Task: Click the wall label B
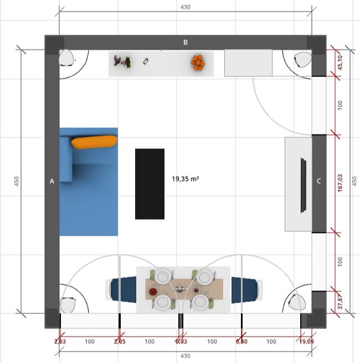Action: point(186,43)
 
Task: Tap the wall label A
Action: point(52,181)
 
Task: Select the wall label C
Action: point(318,181)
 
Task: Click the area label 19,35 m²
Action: point(186,179)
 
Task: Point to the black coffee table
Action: point(150,184)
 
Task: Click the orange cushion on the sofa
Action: point(94,142)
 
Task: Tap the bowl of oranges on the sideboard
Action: point(198,63)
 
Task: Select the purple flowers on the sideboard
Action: point(122,61)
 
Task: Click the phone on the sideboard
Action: point(146,61)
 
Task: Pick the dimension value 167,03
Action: point(340,183)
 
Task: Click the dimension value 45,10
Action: point(340,63)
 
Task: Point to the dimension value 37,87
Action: point(340,302)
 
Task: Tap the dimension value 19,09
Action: point(306,341)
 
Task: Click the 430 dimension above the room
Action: point(186,7)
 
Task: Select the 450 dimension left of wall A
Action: point(17,181)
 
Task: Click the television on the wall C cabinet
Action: point(304,185)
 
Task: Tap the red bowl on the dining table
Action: point(153,292)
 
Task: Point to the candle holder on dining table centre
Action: point(180,289)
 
